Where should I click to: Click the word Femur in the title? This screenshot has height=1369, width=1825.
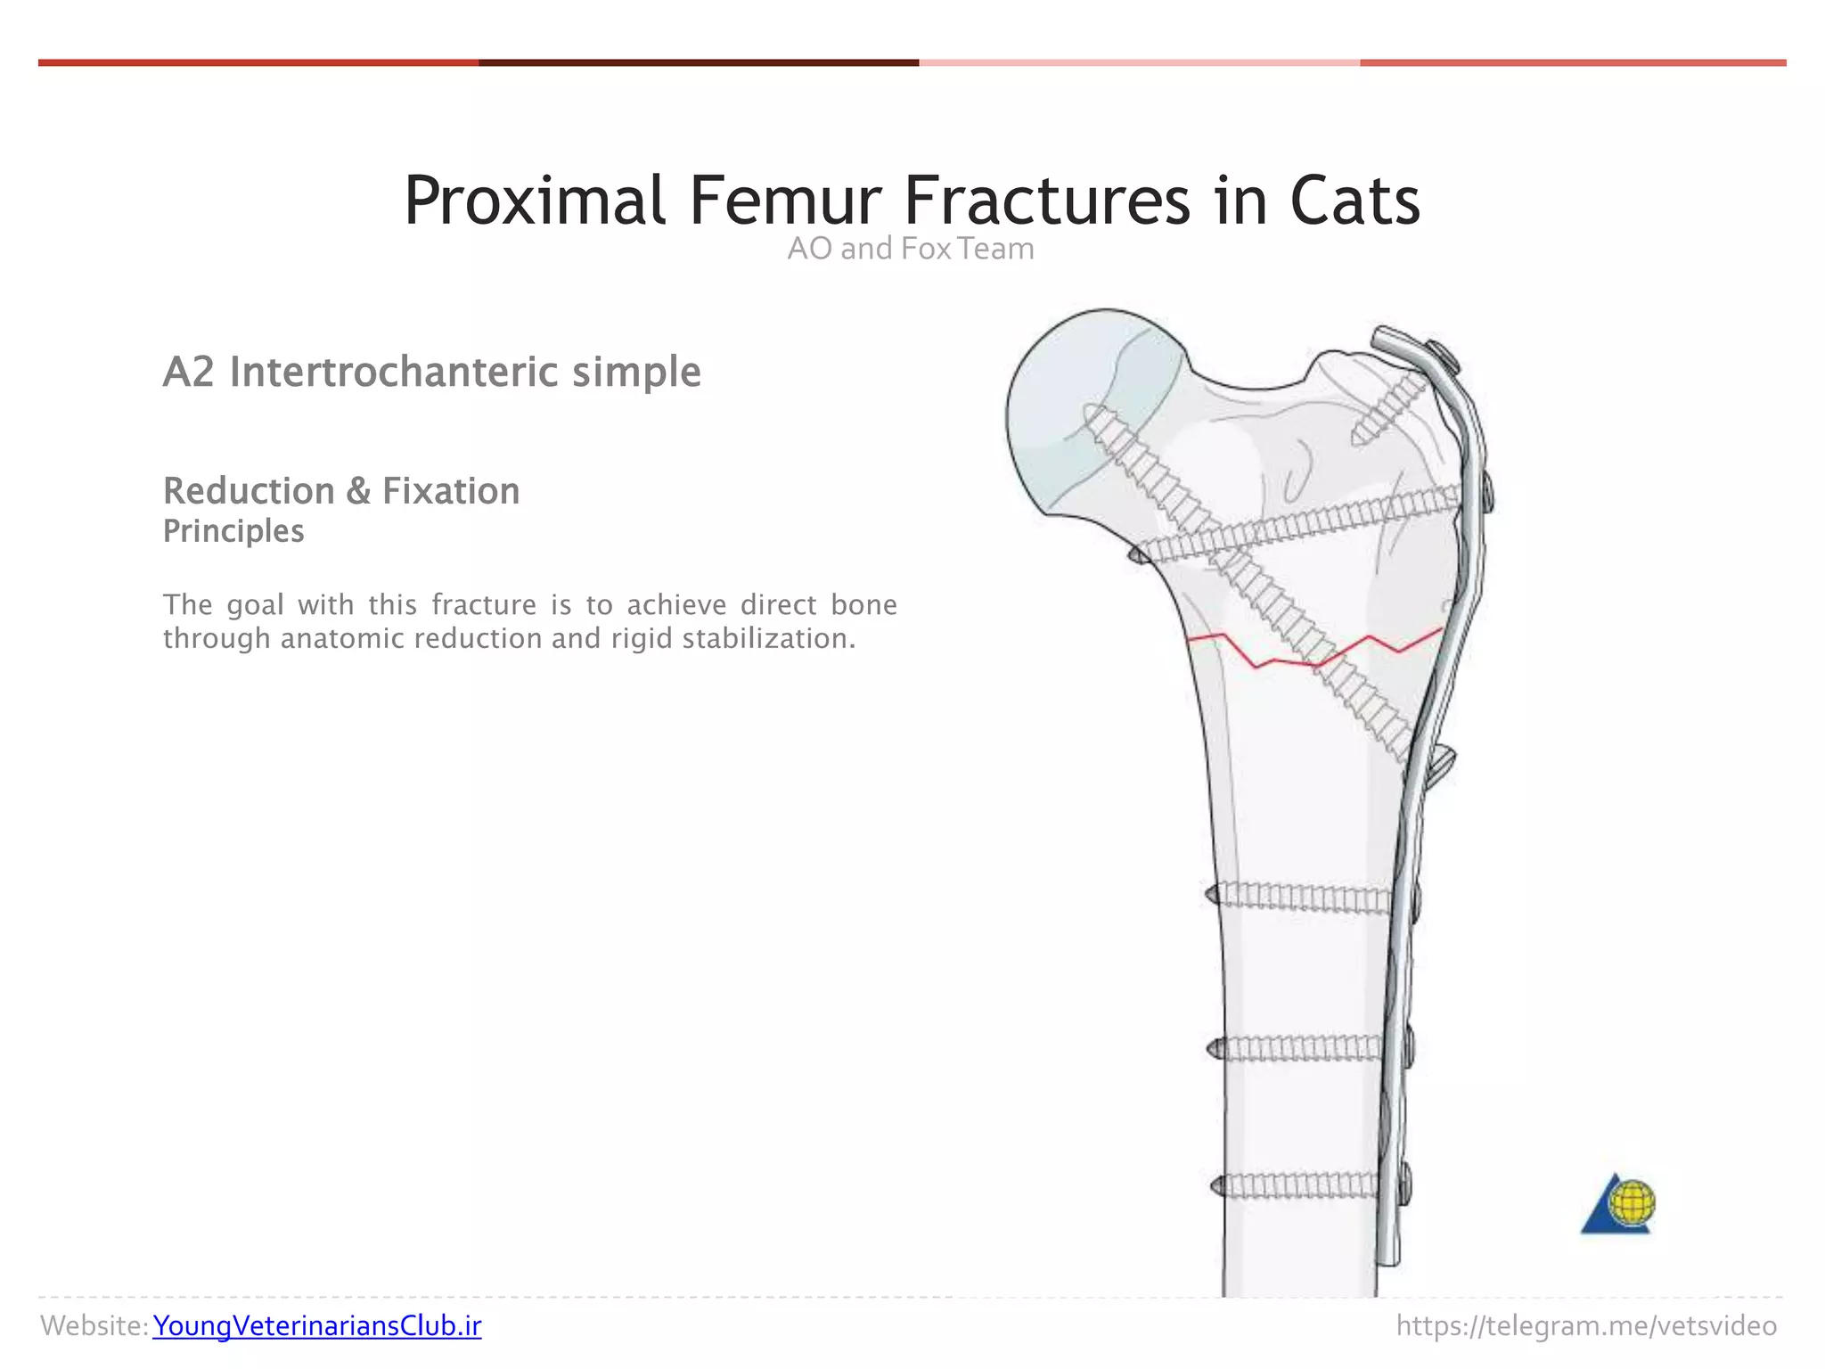click(x=784, y=201)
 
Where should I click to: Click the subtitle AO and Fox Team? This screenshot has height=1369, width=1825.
click(x=911, y=249)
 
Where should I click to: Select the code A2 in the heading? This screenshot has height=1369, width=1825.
click(x=189, y=373)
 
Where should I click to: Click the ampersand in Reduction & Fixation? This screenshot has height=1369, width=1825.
click(x=358, y=491)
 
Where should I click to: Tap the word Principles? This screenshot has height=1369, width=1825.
click(x=233, y=531)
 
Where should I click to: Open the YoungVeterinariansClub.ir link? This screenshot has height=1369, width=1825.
click(x=316, y=1326)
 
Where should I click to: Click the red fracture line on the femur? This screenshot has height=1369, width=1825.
click(x=1314, y=658)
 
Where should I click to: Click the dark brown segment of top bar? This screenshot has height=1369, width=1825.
click(x=698, y=63)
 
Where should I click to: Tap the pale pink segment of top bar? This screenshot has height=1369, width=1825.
click(x=1139, y=63)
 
